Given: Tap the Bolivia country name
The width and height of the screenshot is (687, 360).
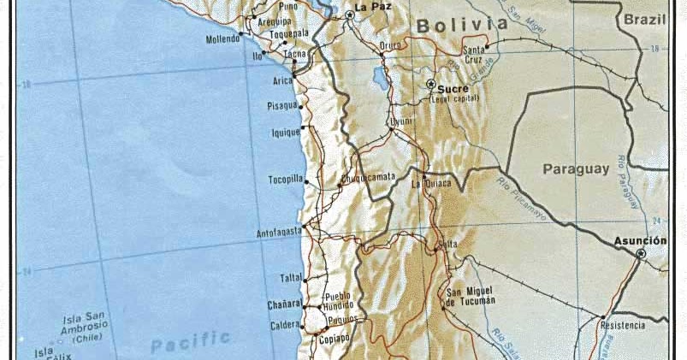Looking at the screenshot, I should [462, 26].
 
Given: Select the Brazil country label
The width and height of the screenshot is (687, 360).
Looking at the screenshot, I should [644, 19].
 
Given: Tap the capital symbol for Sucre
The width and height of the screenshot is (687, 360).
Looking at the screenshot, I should [431, 84].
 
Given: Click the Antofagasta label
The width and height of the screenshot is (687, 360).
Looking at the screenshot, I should [279, 233].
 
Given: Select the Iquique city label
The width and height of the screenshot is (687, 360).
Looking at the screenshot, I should [286, 133].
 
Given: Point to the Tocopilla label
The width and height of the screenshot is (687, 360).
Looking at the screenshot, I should [281, 180].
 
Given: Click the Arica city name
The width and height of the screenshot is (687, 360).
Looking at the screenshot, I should [283, 81].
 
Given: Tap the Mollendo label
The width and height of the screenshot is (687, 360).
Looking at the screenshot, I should [223, 40].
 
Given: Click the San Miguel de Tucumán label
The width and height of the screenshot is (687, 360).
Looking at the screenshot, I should [470, 295].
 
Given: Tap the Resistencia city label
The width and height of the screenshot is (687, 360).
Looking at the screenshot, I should [623, 326].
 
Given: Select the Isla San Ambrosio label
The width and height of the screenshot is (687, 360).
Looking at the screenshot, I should [83, 326].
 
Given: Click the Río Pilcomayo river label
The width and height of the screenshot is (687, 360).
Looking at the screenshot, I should [518, 201].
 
